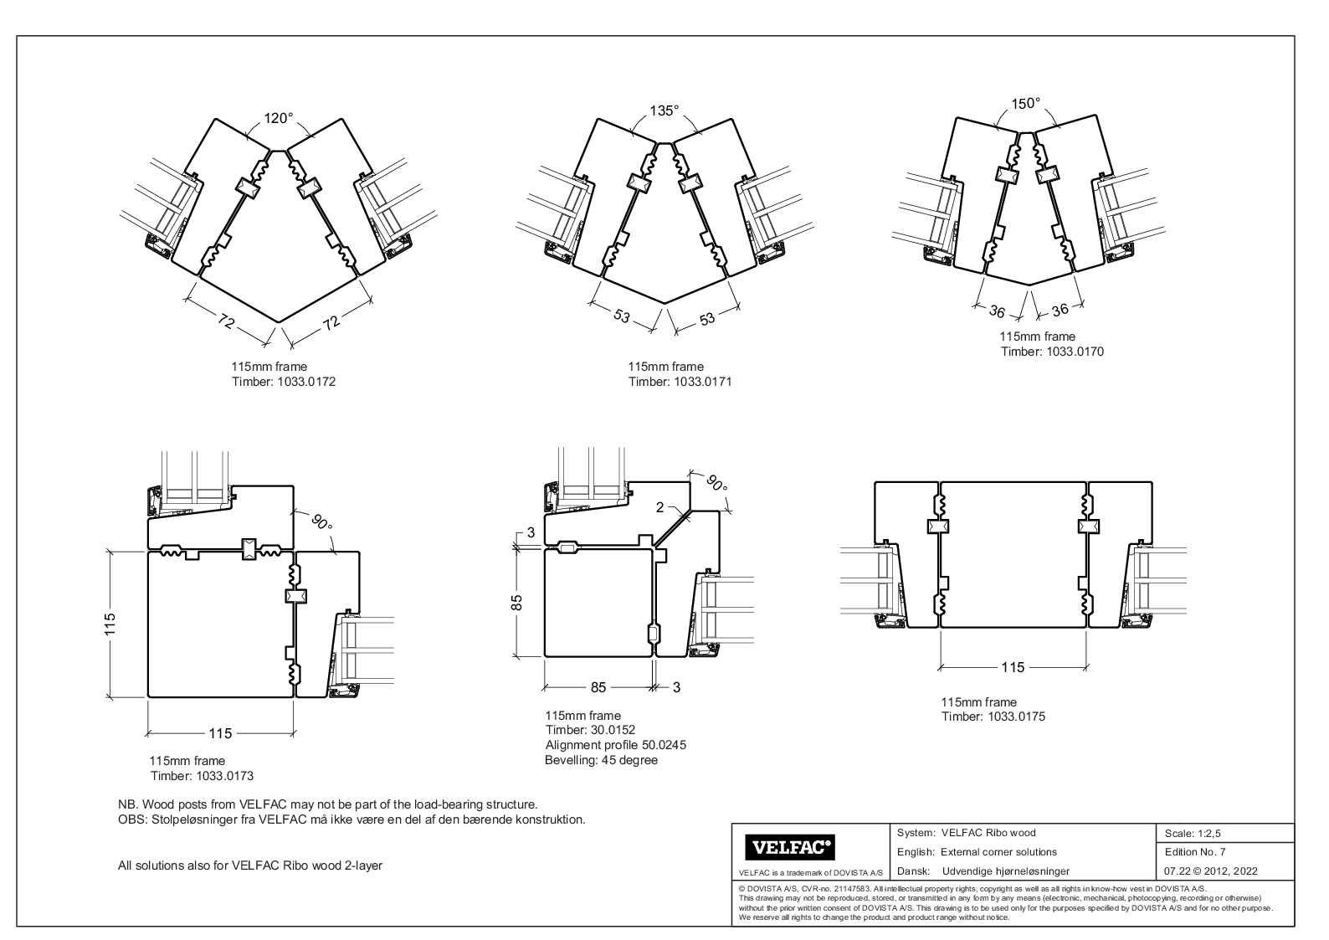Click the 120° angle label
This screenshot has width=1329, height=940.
pyautogui.click(x=279, y=119)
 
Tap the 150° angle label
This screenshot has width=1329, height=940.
pyautogui.click(x=1026, y=104)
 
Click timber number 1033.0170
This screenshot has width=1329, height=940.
pyautogui.click(x=1075, y=352)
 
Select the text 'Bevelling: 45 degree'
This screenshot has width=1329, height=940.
pyautogui.click(x=601, y=760)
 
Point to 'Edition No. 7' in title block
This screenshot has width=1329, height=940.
pyautogui.click(x=1195, y=852)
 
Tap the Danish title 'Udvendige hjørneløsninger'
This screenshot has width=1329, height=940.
pyautogui.click(x=1005, y=871)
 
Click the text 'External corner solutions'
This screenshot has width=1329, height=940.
pyautogui.click(x=998, y=852)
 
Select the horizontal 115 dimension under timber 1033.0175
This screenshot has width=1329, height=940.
pyautogui.click(x=1013, y=667)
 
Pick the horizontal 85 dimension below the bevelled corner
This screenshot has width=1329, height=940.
pyautogui.click(x=598, y=687)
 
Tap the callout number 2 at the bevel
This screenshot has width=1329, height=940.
pyautogui.click(x=659, y=507)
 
